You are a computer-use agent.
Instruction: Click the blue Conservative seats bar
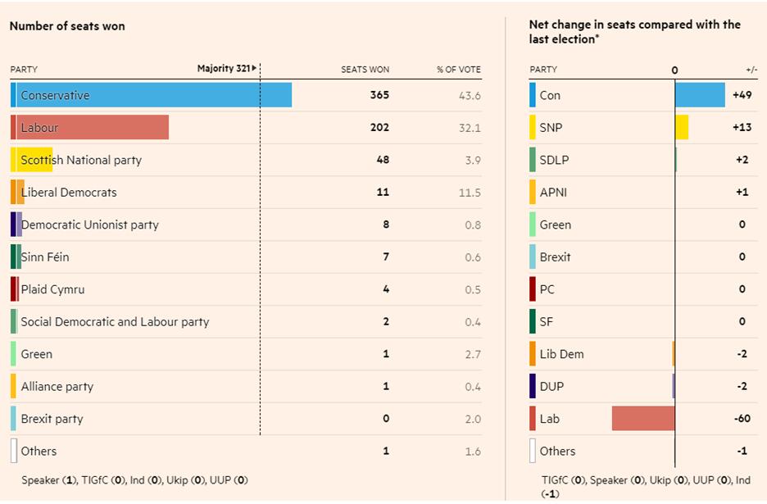pyautogui.click(x=152, y=95)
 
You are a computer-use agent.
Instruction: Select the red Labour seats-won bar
pyautogui.click(x=90, y=127)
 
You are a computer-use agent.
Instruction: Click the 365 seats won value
pyautogui.click(x=379, y=95)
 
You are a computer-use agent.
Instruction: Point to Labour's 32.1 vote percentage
pyautogui.click(x=471, y=127)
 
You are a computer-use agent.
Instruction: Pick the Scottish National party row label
pyautogui.click(x=81, y=160)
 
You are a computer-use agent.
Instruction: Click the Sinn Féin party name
pyautogui.click(x=45, y=257)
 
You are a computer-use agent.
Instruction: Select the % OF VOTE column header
pyautogui.click(x=459, y=70)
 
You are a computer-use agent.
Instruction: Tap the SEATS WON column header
pyautogui.click(x=365, y=70)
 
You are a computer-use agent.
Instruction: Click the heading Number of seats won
pyautogui.click(x=67, y=26)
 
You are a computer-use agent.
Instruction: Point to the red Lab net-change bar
pyautogui.click(x=643, y=418)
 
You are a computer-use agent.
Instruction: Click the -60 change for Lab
pyautogui.click(x=741, y=419)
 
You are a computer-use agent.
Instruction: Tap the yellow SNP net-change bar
pyautogui.click(x=682, y=127)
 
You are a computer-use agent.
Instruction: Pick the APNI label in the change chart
pyautogui.click(x=553, y=193)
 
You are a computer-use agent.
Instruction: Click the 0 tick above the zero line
pyautogui.click(x=675, y=70)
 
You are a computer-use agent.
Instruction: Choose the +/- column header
pyautogui.click(x=751, y=70)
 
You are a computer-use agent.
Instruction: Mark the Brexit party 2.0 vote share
pyautogui.click(x=472, y=419)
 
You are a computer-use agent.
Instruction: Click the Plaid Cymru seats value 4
pyautogui.click(x=386, y=289)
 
